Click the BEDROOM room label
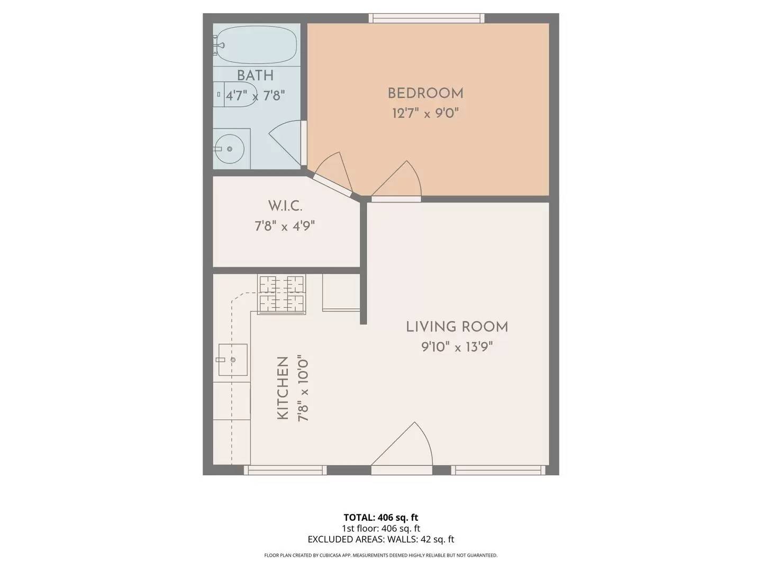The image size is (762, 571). point(425,93)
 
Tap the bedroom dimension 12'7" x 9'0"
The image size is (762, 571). point(425,113)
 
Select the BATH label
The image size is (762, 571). point(255,76)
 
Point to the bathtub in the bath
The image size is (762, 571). point(255,45)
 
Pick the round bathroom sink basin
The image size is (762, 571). point(229,149)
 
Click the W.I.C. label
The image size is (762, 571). point(285,206)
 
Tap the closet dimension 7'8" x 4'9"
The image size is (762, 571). point(285,226)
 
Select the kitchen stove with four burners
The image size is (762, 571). point(282,294)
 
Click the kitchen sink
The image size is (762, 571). point(233,360)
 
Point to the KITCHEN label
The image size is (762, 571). point(283,388)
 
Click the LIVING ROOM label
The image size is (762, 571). point(457,327)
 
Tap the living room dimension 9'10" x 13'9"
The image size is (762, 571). point(457,347)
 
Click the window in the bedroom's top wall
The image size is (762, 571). point(427,18)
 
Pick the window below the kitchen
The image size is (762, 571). point(285,470)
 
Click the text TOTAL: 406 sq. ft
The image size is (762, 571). point(381,518)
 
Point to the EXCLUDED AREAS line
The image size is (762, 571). point(381,539)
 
